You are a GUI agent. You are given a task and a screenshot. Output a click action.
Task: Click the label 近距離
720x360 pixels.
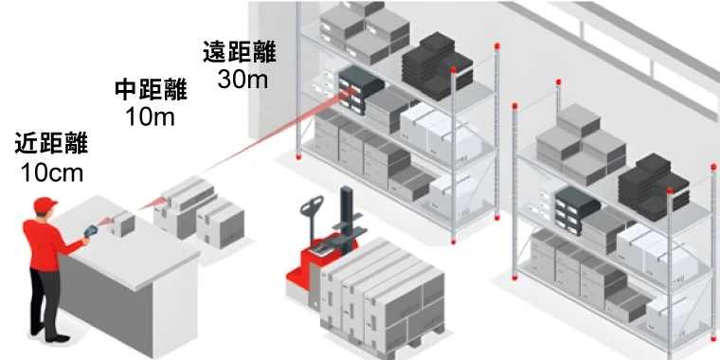[x=51, y=144]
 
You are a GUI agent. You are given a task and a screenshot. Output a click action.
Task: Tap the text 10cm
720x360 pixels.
[x=51, y=172]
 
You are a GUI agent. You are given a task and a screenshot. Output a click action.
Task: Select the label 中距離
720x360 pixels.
[x=151, y=90]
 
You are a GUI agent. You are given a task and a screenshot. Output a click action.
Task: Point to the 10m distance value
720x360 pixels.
[x=151, y=117]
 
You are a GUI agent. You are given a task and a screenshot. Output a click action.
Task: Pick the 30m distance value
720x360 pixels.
[x=243, y=80]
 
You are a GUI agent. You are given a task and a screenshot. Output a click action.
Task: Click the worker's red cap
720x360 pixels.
[x=44, y=206]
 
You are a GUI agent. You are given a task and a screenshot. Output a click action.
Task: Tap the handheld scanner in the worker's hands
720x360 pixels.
[x=92, y=229]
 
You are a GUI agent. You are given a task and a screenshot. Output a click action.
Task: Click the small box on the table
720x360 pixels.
[x=122, y=224]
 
